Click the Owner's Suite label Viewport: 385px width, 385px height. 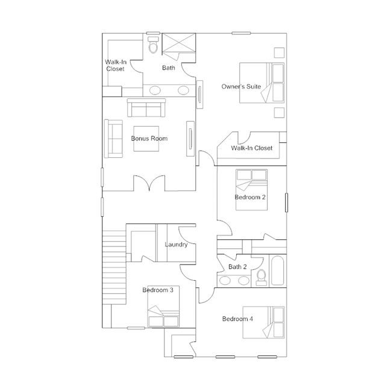click(241, 86)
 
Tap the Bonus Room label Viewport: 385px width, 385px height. click(149, 139)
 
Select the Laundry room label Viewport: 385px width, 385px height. click(176, 245)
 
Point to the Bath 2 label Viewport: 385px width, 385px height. click(237, 267)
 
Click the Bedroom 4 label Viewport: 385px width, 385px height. click(237, 319)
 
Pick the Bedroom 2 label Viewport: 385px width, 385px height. click(250, 197)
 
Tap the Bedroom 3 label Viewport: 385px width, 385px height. click(158, 290)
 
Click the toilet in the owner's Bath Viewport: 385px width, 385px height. click(153, 45)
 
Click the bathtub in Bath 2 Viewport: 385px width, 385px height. click(278, 271)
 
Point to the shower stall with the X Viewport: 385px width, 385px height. click(179, 43)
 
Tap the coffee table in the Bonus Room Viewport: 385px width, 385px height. click(146, 139)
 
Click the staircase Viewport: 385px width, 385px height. click(114, 268)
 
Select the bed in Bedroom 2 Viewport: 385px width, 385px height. click(251, 190)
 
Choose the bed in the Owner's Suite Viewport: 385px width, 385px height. click(261, 83)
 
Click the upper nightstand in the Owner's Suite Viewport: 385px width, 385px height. click(279, 53)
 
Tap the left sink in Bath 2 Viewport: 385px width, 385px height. click(225, 280)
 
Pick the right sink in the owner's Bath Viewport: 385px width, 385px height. click(183, 90)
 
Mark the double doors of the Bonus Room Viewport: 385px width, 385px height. click(149, 183)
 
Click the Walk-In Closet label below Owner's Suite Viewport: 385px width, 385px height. click(252, 148)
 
